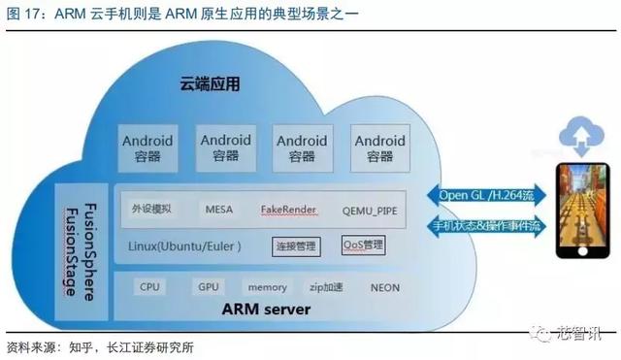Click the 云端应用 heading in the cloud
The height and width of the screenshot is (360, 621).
(210, 84)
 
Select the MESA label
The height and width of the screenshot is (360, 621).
(219, 209)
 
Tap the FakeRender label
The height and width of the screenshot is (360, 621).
(289, 210)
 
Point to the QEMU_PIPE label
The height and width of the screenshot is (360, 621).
(370, 211)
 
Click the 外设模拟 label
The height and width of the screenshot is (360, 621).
(151, 209)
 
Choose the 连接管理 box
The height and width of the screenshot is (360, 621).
(296, 246)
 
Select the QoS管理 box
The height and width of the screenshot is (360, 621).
(364, 245)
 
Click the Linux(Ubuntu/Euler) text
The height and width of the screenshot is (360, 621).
(184, 246)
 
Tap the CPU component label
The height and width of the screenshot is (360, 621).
(149, 286)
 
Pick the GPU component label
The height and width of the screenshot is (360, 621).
(209, 286)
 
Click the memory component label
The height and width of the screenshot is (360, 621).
(268, 287)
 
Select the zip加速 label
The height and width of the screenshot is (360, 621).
(326, 287)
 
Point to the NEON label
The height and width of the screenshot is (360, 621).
(385, 288)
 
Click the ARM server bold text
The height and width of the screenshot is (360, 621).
(266, 310)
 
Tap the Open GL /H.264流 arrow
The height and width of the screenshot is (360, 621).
(486, 195)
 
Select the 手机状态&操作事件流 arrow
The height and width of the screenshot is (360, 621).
(486, 226)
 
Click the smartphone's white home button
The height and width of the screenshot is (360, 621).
(582, 251)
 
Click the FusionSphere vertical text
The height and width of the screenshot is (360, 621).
(90, 252)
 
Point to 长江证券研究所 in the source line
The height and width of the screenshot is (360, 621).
(150, 347)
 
